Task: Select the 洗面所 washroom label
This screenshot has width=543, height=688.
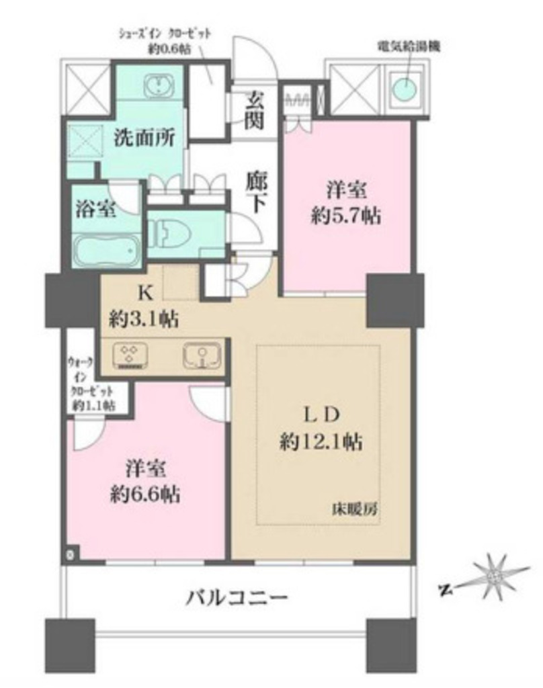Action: pyautogui.click(x=144, y=138)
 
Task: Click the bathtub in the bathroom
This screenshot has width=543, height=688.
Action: pyautogui.click(x=106, y=251)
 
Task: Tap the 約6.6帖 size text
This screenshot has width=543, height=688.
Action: pyautogui.click(x=144, y=495)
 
